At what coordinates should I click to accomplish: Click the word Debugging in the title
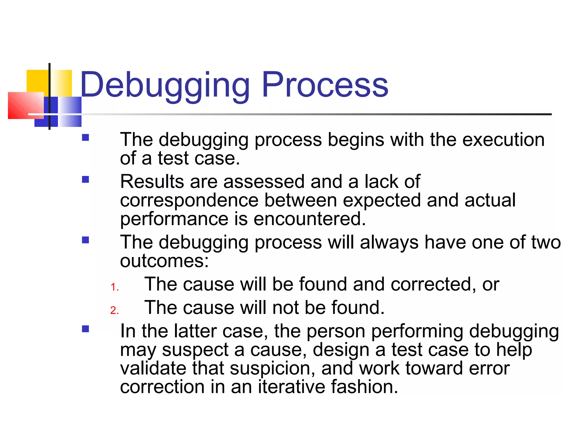click(x=165, y=85)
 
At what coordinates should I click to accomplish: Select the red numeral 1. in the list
click(x=115, y=287)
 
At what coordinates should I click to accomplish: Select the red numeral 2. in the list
click(x=115, y=310)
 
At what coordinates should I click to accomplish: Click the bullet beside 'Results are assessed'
click(x=85, y=179)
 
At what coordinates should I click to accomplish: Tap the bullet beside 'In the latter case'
click(x=85, y=329)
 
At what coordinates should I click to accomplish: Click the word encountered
click(x=309, y=219)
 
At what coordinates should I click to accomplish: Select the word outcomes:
click(x=164, y=261)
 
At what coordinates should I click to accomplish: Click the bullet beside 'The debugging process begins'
click(x=85, y=138)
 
